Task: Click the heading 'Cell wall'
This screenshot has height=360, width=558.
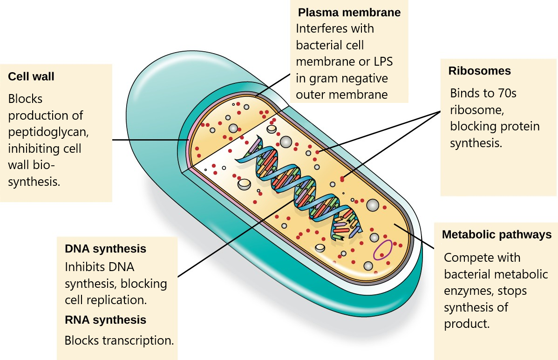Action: (x=31, y=76)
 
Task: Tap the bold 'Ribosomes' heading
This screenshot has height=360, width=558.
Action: (x=479, y=71)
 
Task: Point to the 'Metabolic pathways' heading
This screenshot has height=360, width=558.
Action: (x=497, y=235)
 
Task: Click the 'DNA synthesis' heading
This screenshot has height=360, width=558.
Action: (x=105, y=249)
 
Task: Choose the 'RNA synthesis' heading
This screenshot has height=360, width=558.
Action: (x=105, y=320)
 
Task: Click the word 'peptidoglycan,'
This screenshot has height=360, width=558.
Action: (x=48, y=132)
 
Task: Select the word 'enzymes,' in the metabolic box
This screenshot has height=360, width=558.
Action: (x=468, y=291)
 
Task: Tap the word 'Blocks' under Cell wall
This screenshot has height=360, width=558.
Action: (x=25, y=99)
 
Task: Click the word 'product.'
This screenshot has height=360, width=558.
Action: (x=467, y=324)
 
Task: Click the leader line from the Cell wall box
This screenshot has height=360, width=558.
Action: (x=149, y=140)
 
